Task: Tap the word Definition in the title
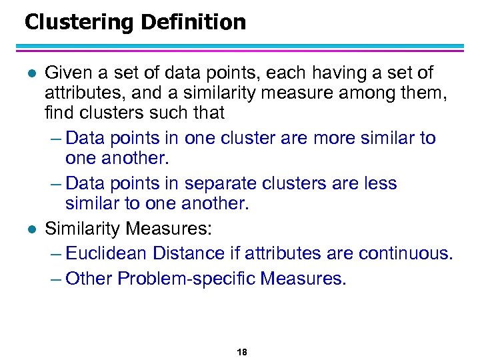click(x=194, y=23)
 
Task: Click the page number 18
click(x=241, y=352)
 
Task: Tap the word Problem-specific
click(x=186, y=277)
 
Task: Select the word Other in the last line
click(x=90, y=277)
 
